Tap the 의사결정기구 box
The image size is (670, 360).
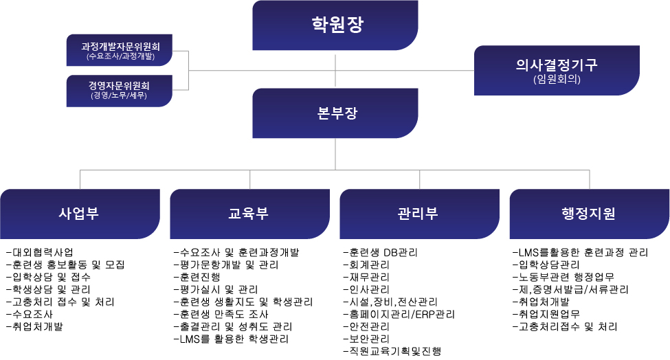coord(557,70)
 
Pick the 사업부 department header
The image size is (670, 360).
coord(80,213)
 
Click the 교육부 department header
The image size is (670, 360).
coord(249,213)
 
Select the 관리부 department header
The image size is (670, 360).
coord(418,213)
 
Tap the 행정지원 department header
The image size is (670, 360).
coord(588,213)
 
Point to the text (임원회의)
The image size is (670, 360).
coord(557,80)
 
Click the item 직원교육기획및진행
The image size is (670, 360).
coord(392,351)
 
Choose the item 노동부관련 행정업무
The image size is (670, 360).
coord(564,277)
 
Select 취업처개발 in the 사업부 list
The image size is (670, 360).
coord(35,326)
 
